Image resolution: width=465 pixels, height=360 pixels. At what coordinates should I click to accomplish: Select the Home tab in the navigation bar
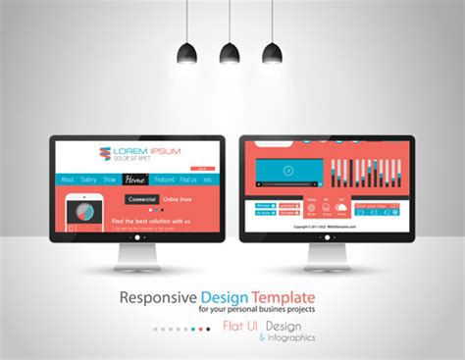136,180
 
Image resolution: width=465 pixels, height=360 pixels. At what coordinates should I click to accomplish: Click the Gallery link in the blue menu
89,180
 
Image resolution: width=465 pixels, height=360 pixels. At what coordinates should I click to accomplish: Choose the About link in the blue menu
67,180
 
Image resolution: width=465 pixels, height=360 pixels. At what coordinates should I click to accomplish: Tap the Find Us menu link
188,180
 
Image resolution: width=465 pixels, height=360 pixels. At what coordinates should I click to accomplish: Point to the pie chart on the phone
84,210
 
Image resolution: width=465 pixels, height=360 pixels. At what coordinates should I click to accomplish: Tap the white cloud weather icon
339,207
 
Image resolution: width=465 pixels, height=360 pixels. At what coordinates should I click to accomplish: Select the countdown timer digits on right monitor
374,210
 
